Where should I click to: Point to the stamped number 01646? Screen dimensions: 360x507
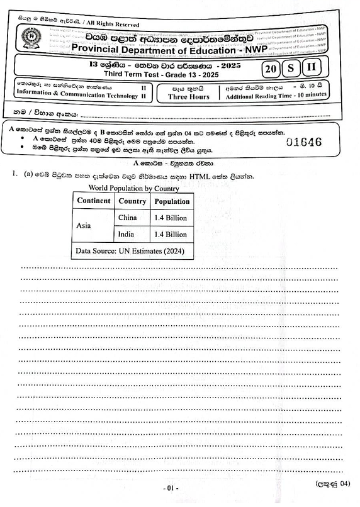tap(305, 142)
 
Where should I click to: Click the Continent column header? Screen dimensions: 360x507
tap(93, 201)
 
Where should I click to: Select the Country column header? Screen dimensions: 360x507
tap(132, 201)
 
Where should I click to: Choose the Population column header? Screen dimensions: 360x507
tap(172, 201)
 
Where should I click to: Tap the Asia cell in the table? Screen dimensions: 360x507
tap(84, 225)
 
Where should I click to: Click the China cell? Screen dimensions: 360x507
tap(128, 218)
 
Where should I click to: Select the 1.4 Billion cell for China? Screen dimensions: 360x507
tap(171, 218)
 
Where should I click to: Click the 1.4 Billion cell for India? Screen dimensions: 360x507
tap(171, 234)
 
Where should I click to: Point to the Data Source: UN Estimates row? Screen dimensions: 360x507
tap(130, 250)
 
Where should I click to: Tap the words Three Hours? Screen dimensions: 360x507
tap(185, 97)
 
